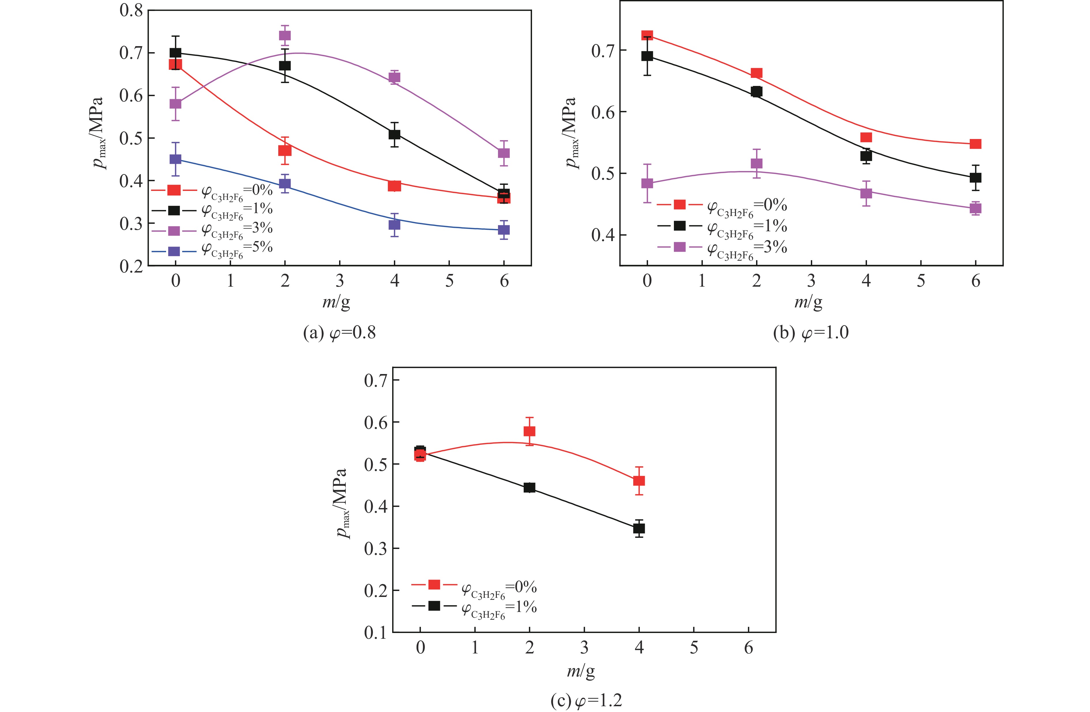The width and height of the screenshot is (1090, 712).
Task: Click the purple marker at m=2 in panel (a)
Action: (285, 36)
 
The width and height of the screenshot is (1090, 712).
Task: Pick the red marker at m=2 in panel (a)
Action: (285, 150)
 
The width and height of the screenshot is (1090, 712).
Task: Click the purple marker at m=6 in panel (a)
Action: (504, 153)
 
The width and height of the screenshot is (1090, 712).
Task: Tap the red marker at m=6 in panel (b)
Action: (976, 144)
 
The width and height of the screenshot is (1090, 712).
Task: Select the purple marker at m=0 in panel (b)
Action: (647, 183)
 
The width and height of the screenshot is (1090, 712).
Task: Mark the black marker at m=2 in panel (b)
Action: (757, 92)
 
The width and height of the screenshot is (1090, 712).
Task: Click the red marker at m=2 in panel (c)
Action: (529, 431)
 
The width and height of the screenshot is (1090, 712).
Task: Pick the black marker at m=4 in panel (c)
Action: (639, 528)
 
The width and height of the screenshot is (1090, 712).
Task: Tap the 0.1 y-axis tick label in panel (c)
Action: (375, 633)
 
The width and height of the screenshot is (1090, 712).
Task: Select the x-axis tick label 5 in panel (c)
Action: (694, 648)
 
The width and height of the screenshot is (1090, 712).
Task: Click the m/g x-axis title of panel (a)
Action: (336, 302)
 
